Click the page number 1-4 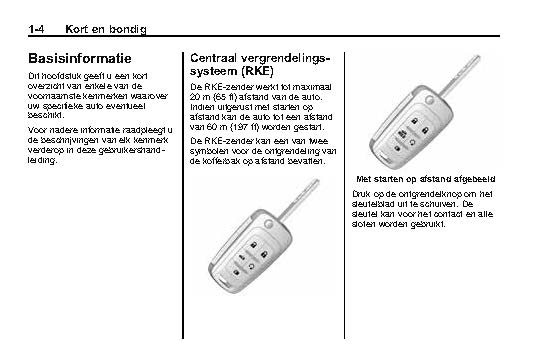pos(36,29)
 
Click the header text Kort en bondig pos(106,30)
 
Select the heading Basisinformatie pos(80,58)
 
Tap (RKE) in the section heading pos(257,71)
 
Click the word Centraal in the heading pos(213,58)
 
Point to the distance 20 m pos(197,97)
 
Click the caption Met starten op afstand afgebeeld pos(426,179)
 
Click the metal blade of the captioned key pos(459,75)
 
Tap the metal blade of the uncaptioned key pos(299,199)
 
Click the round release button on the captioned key pos(429,100)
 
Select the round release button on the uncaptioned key pos(269,223)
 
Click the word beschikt pos(45,115)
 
